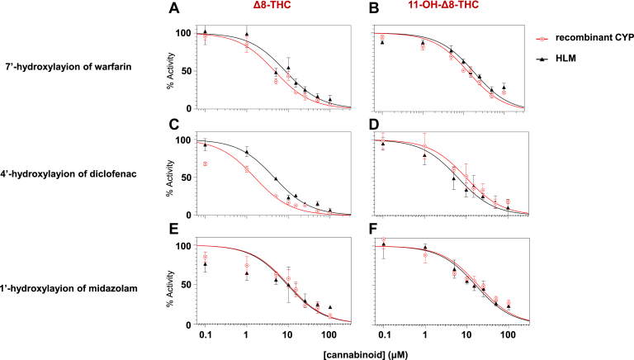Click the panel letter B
click(x=369, y=9)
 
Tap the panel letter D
click(x=369, y=126)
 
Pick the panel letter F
click(x=369, y=233)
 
